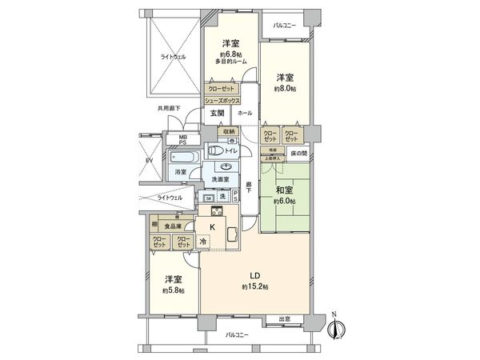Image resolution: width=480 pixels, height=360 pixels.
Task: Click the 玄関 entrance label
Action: (x=218, y=114)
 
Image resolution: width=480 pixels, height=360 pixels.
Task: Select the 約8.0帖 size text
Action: (x=285, y=90)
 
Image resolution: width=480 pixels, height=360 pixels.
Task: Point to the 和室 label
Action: (x=283, y=190)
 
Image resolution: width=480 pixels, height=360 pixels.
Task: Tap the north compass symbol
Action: (x=337, y=328)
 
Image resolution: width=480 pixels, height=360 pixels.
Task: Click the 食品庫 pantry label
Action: (x=172, y=226)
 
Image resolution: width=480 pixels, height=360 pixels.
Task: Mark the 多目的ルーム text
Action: (x=230, y=62)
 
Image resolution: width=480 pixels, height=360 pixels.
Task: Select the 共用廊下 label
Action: (x=169, y=109)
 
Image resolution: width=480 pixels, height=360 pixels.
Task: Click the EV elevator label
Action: (x=148, y=161)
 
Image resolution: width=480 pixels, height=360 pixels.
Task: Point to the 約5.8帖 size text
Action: (x=172, y=290)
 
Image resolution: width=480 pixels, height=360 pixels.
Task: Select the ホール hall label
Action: (x=245, y=114)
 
